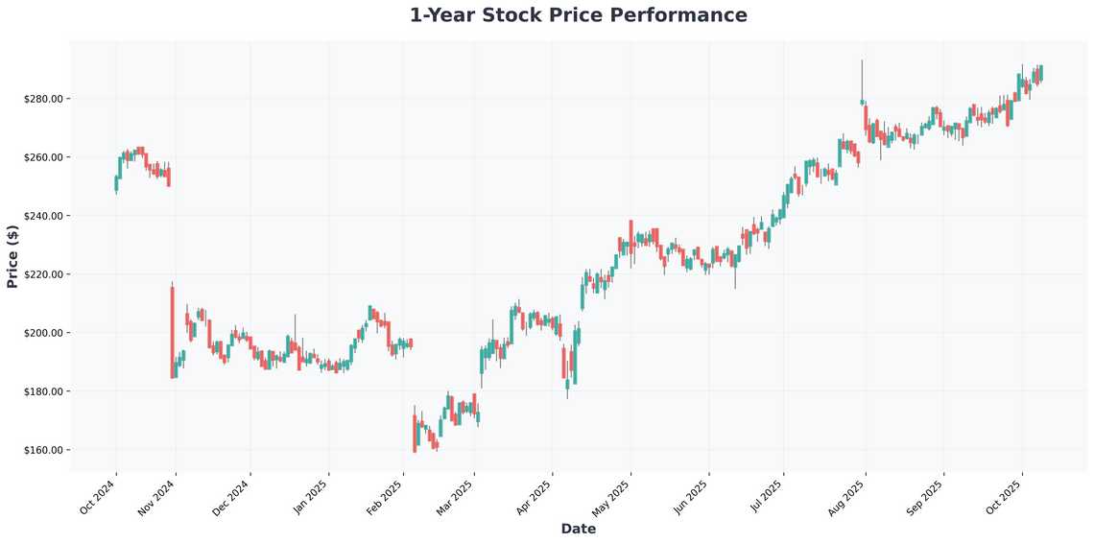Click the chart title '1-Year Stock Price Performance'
tap(578, 15)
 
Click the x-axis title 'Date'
tap(578, 529)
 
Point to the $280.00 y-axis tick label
tap(43, 99)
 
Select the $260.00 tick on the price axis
tap(43, 157)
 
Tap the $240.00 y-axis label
tap(43, 216)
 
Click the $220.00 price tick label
tap(43, 274)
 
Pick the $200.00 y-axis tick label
tap(43, 333)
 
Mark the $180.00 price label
tap(43, 391)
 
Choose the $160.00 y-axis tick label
tap(43, 450)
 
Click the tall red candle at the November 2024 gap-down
tap(173, 332)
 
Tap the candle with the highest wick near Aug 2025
tap(862, 101)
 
